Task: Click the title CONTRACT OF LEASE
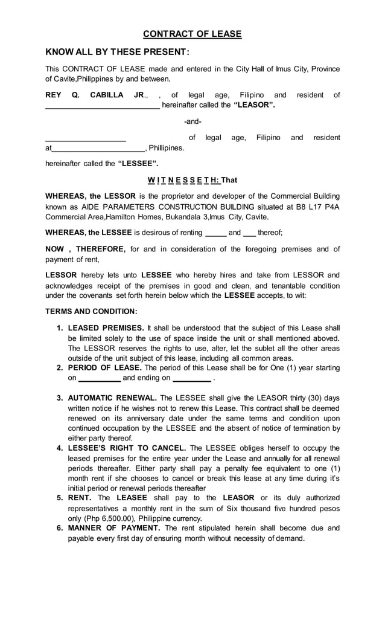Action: click(x=192, y=34)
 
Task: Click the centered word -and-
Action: click(x=192, y=121)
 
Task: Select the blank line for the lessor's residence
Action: click(x=103, y=106)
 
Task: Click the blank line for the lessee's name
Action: click(x=86, y=139)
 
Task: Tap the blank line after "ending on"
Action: click(x=191, y=379)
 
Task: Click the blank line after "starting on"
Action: click(x=100, y=379)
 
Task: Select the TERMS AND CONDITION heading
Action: click(x=91, y=311)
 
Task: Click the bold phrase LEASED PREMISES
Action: click(x=106, y=327)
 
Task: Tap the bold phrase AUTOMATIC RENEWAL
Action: click(x=112, y=398)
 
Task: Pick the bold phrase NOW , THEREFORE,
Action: click(x=85, y=248)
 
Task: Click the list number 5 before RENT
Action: click(x=60, y=498)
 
